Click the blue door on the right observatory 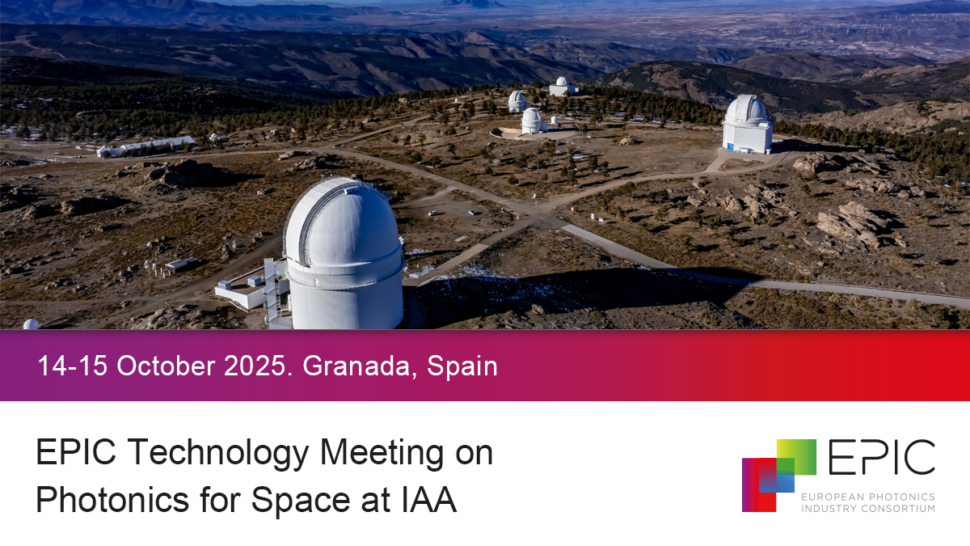[729, 147]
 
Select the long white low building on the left [146, 146]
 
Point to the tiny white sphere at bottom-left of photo [31, 324]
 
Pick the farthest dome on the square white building [561, 83]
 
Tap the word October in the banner [165, 366]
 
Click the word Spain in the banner [462, 366]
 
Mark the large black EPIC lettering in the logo [881, 459]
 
